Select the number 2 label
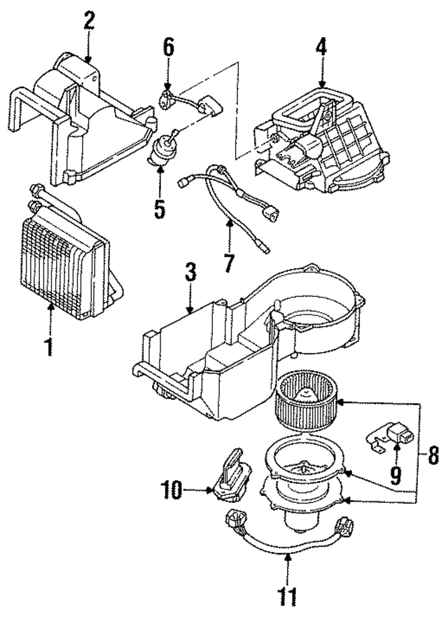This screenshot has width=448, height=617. click(88, 20)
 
